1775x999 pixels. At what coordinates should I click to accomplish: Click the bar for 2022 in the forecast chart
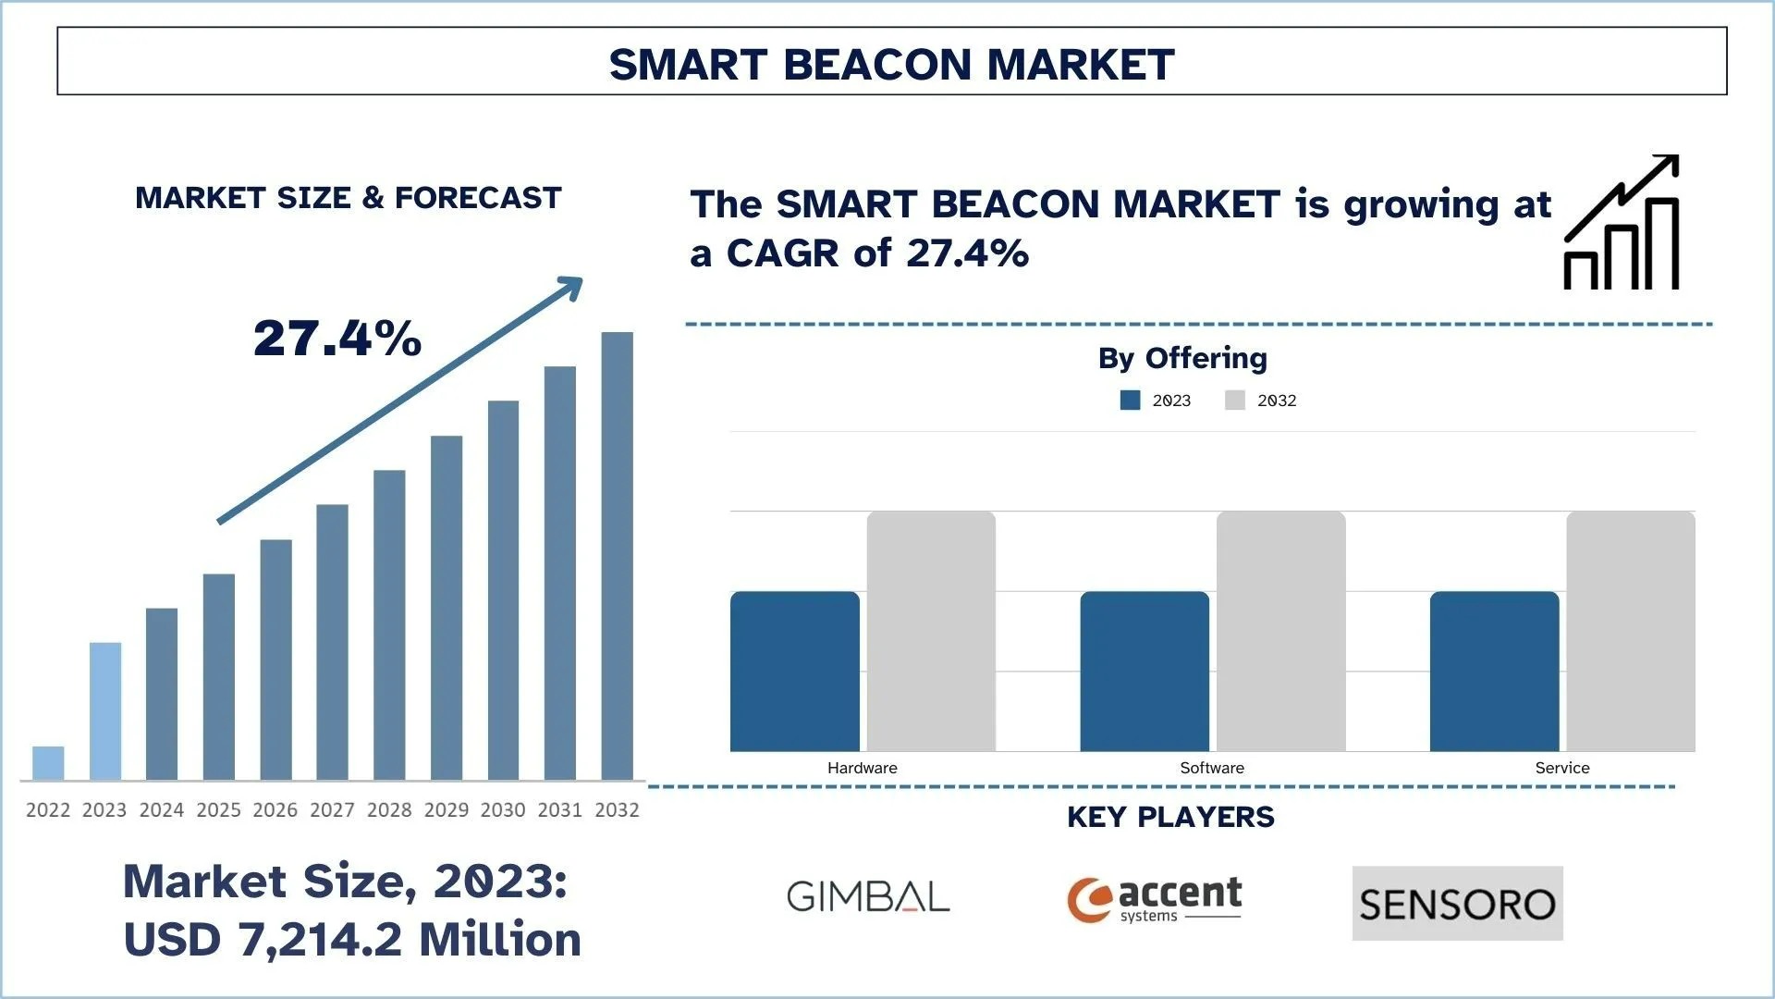coord(48,763)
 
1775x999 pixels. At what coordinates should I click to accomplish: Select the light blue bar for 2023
coord(104,710)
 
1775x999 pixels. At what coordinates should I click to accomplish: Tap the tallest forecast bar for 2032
coord(617,555)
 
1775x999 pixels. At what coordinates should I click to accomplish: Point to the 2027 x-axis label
coord(332,810)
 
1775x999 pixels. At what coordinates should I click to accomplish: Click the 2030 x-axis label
coord(503,810)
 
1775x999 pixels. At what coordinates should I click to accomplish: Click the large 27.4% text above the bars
coord(337,339)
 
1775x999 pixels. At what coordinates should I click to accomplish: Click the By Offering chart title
coord(1182,358)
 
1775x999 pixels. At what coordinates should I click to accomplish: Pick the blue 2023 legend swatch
coord(1130,401)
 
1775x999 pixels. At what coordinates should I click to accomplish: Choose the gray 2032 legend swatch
coord(1235,401)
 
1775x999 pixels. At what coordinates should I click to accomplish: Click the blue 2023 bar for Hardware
coord(794,671)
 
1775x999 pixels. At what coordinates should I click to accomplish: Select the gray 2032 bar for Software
coord(1280,631)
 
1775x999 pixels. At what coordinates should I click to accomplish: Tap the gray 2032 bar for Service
coord(1630,631)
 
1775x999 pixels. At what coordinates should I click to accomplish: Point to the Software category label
coord(1211,768)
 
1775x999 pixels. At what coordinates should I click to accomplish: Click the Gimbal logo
coord(868,896)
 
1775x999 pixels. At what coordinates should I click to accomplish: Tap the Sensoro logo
coord(1457,904)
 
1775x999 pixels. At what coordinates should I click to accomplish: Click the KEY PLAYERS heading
coord(1170,817)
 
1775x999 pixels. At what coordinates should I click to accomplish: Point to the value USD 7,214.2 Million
coord(352,940)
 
